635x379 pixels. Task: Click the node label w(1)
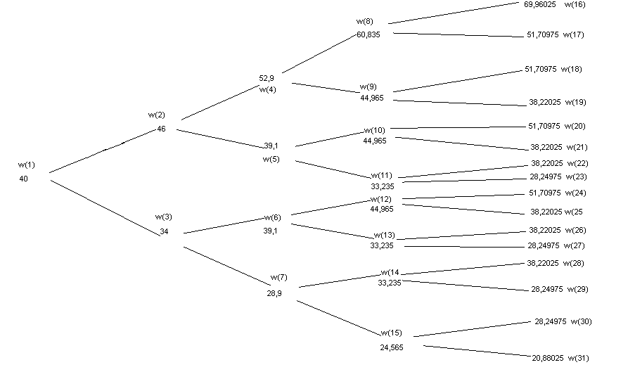point(26,165)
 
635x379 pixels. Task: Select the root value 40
point(24,179)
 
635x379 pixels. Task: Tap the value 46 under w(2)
point(161,129)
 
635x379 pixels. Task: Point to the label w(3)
point(163,217)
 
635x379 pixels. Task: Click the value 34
point(164,231)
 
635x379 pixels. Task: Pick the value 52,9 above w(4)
point(267,78)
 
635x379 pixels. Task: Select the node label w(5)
point(271,159)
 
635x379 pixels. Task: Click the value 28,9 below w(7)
point(274,293)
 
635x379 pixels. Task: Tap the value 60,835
point(368,34)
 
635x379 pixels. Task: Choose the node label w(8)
point(364,21)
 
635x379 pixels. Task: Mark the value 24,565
point(392,347)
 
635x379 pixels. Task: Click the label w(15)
point(392,333)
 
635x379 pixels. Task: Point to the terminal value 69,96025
point(539,4)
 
